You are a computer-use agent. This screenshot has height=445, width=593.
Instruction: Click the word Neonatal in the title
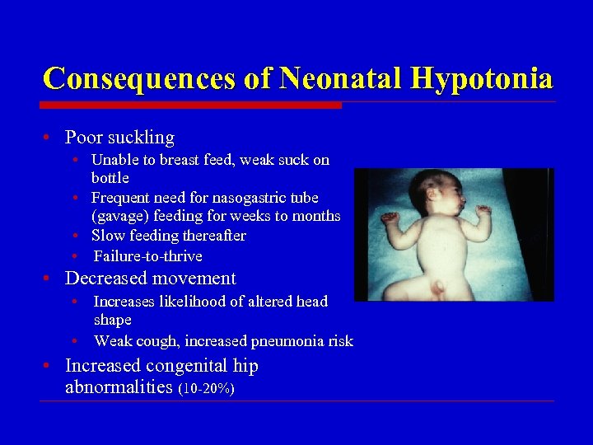pos(337,79)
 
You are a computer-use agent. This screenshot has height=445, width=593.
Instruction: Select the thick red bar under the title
pos(190,105)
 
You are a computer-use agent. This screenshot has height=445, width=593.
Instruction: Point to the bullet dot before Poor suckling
pos(51,138)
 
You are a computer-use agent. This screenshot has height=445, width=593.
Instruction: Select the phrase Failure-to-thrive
pos(147,255)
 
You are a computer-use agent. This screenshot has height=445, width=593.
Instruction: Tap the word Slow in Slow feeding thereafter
pos(107,236)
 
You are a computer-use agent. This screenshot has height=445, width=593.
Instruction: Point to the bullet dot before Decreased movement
pos(51,279)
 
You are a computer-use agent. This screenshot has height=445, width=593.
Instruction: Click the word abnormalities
pos(119,387)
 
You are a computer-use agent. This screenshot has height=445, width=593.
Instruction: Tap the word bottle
pos(110,178)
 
